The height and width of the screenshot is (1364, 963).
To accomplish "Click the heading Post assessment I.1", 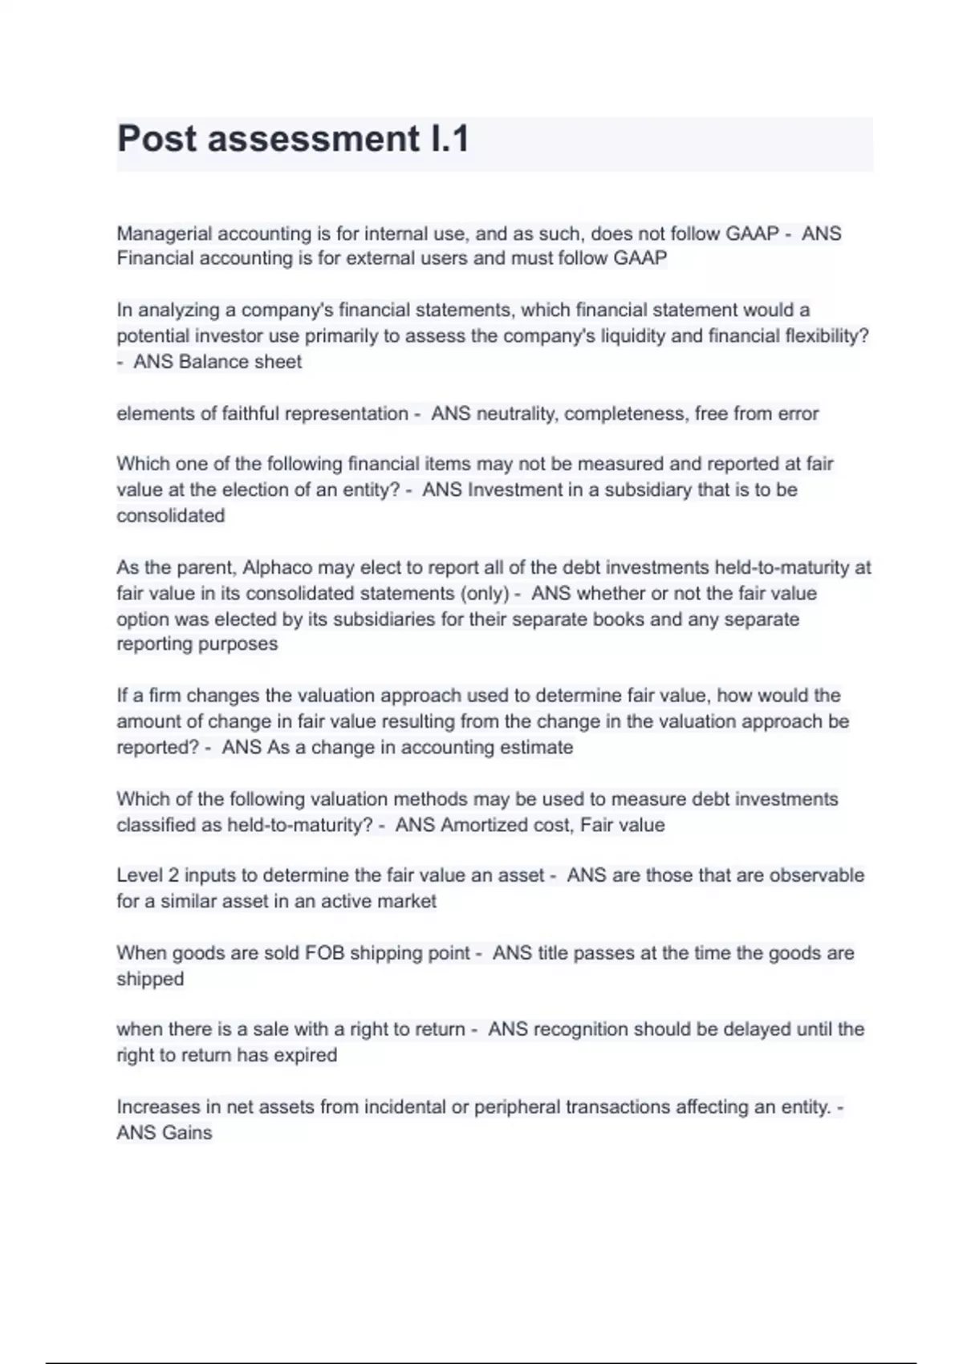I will [x=293, y=139].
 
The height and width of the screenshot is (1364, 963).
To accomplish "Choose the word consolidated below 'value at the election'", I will [x=171, y=516].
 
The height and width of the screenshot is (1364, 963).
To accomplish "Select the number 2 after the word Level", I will [x=173, y=875].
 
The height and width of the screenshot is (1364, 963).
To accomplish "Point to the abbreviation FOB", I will [x=324, y=953].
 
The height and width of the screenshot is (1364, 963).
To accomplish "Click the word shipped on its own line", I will [x=150, y=980].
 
